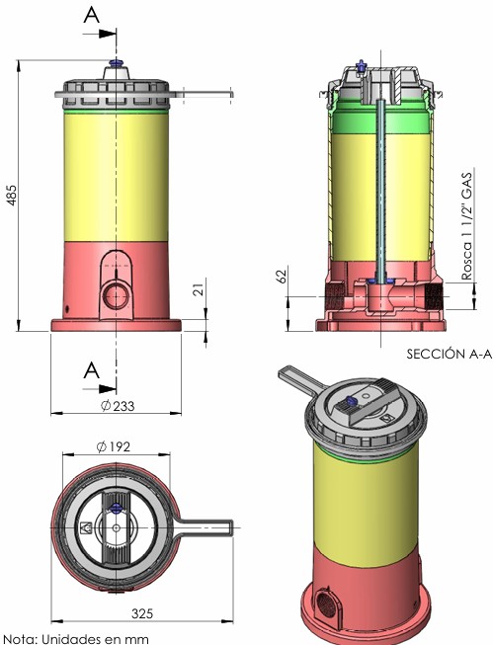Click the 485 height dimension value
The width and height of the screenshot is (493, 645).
click(12, 195)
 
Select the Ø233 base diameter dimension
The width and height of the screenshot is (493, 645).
click(118, 406)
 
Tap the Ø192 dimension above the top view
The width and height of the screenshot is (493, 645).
click(114, 446)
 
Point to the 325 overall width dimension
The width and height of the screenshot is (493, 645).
click(142, 613)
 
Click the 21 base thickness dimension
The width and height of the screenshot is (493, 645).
click(199, 289)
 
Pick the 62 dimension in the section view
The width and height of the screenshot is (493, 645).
click(282, 276)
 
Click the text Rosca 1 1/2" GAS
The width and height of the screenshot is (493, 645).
click(466, 226)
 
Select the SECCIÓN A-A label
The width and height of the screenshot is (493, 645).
click(450, 354)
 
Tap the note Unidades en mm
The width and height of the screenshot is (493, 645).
click(74, 639)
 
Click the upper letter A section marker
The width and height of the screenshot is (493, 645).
click(91, 15)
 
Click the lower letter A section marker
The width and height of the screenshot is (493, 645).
click(91, 370)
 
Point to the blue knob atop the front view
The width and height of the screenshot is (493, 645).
click(116, 62)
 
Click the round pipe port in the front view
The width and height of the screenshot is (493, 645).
click(116, 295)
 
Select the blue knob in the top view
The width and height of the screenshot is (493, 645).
click(116, 507)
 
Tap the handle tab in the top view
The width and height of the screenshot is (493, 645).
click(204, 527)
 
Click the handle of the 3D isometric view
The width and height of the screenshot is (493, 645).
click(299, 379)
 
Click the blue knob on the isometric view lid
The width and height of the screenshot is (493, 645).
click(352, 400)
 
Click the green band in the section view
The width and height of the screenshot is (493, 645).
click(380, 122)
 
